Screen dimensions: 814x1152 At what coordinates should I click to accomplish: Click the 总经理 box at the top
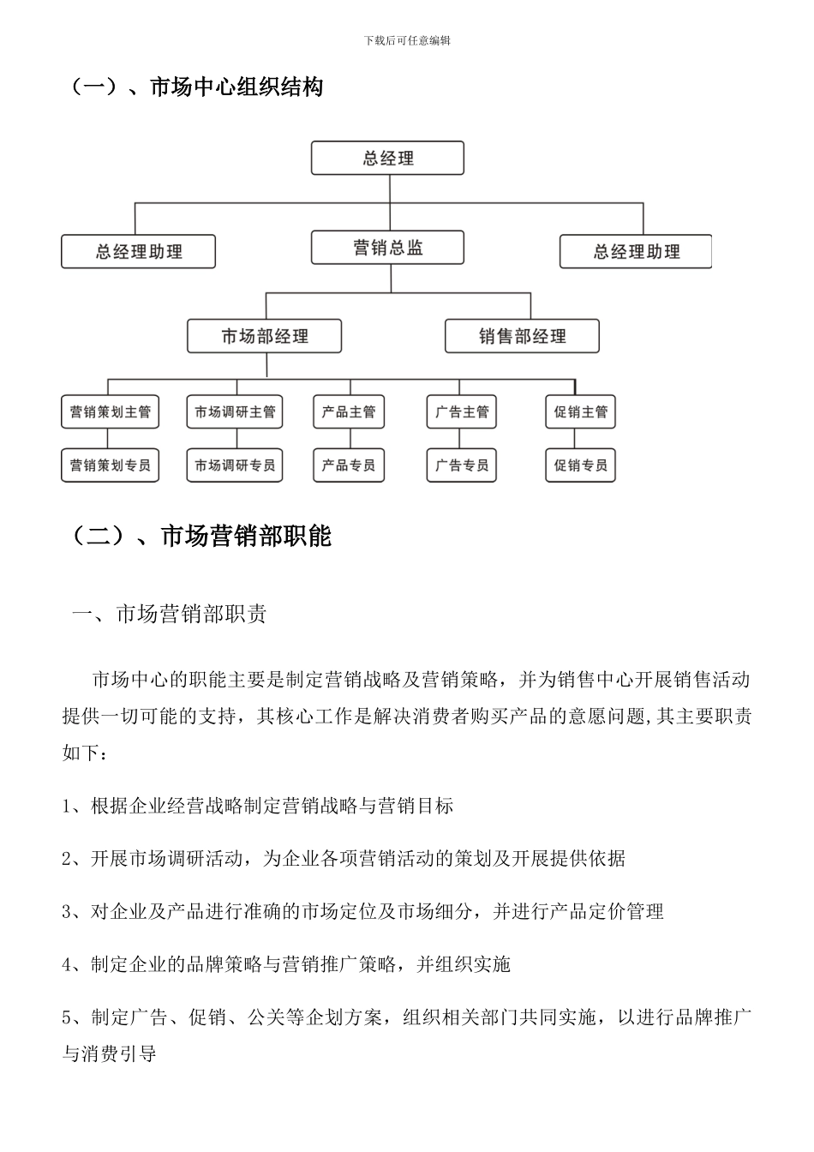click(387, 159)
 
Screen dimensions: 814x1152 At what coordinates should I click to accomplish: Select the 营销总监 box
click(387, 248)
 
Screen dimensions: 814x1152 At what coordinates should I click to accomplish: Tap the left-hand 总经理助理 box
click(138, 252)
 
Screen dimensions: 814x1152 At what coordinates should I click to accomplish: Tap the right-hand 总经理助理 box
click(636, 252)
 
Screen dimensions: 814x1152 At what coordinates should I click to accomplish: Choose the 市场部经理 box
click(264, 337)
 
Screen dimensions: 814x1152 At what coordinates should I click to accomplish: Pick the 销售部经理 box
click(522, 337)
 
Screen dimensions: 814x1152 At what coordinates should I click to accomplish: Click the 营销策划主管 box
click(110, 412)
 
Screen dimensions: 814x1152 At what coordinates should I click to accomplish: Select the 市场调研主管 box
click(235, 412)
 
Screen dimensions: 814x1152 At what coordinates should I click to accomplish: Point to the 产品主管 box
click(348, 412)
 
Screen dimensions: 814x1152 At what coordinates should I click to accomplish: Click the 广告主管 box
click(462, 412)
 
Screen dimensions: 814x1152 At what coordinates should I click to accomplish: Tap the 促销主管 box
click(580, 412)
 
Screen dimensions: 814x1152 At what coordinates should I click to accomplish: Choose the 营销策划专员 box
click(110, 465)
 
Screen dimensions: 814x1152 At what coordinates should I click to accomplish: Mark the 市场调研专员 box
click(235, 465)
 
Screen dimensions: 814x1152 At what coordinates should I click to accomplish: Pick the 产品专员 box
click(348, 465)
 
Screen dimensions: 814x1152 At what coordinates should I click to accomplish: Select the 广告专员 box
click(462, 465)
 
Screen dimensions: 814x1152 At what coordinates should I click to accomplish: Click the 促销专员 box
click(580, 465)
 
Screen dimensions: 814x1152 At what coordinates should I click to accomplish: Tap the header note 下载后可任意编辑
click(407, 40)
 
